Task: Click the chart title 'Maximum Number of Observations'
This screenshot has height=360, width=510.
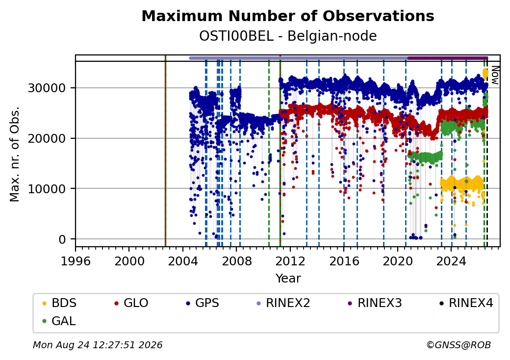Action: click(x=288, y=16)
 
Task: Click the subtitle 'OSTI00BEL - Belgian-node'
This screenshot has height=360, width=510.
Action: click(x=288, y=36)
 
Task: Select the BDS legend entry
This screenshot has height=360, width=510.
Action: click(x=59, y=303)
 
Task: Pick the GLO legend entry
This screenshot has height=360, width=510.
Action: click(x=131, y=303)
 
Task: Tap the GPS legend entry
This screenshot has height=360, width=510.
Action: click(x=203, y=303)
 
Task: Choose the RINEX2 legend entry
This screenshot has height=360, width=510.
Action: click(x=283, y=303)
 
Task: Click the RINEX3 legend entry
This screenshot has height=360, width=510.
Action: click(x=375, y=303)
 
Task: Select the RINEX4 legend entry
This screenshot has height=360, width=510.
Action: click(x=466, y=303)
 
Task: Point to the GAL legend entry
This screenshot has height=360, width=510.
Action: click(x=59, y=321)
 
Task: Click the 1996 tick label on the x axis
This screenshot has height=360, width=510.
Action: click(x=76, y=261)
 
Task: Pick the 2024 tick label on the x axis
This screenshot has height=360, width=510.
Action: click(x=451, y=261)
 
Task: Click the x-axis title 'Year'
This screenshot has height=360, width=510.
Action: click(x=288, y=279)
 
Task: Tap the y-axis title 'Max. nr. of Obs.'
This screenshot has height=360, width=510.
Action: click(x=15, y=154)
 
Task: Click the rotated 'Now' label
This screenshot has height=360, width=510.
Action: click(x=495, y=75)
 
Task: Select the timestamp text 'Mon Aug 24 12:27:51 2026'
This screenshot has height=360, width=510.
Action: click(x=98, y=345)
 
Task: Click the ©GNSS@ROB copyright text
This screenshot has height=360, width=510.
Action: click(x=459, y=345)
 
